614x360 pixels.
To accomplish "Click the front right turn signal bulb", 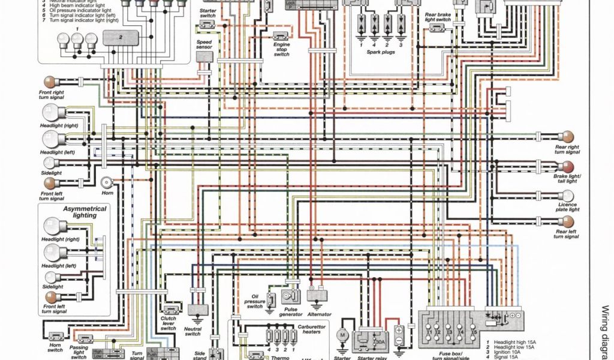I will [x=49, y=81].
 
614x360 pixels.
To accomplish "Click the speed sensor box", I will [x=204, y=56].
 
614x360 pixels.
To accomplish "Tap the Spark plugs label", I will [x=380, y=52].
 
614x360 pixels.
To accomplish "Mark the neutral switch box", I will [x=194, y=309].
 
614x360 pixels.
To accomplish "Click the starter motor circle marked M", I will [x=343, y=334].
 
